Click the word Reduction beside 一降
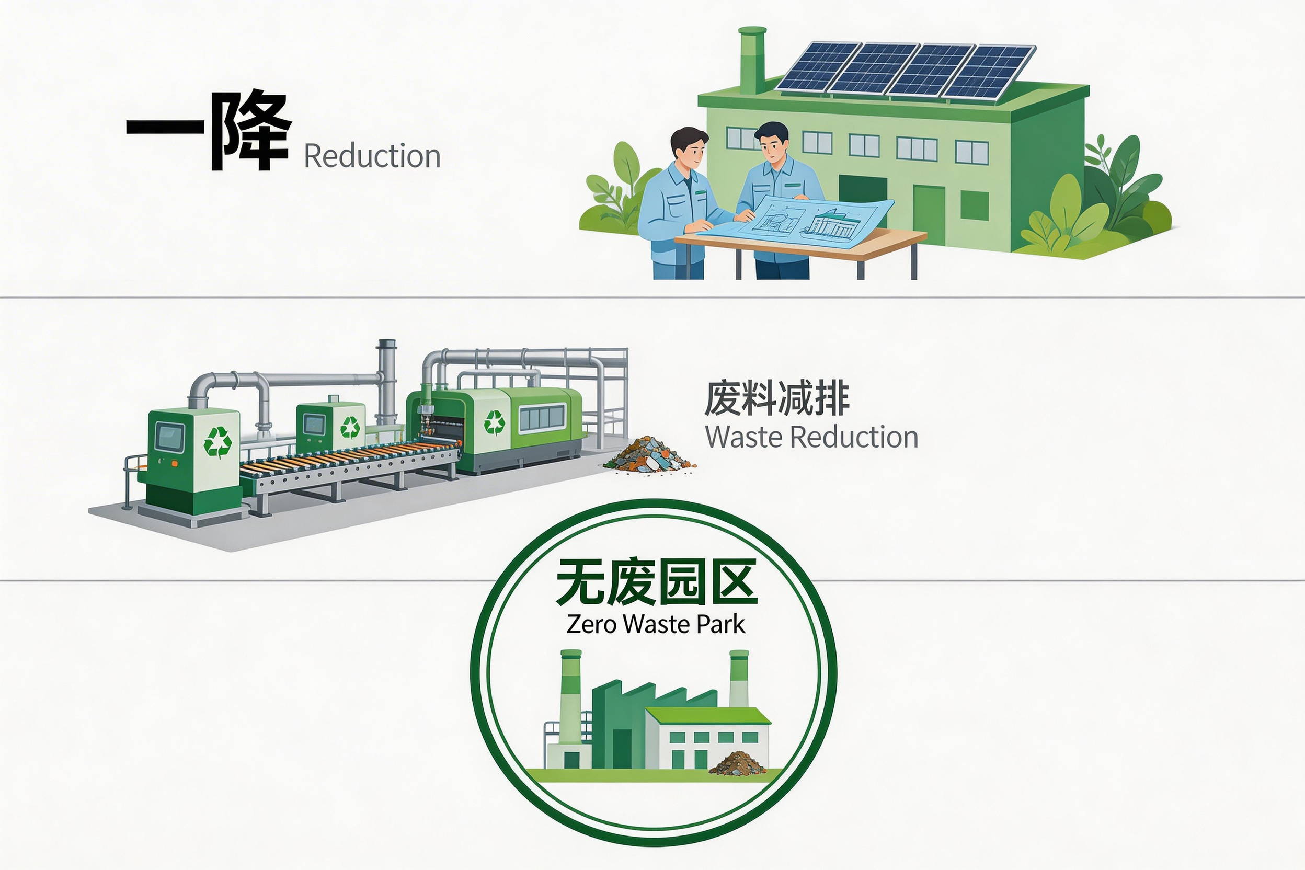point(372,156)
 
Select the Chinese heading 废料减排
point(777,398)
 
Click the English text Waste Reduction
point(811,437)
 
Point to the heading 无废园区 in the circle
point(656,582)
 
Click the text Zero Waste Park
point(655,625)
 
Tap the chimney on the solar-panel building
point(752,61)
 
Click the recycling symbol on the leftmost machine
point(217,442)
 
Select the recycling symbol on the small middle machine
point(350,428)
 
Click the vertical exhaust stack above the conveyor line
point(386,383)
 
